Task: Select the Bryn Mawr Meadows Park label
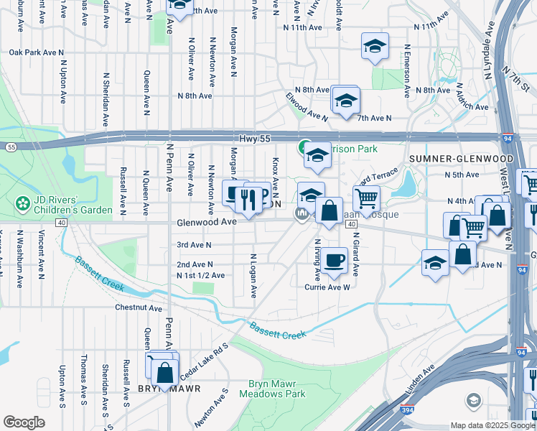tap(276, 389)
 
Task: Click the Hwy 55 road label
tap(251, 137)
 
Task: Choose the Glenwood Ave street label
tap(207, 223)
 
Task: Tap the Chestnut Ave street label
tap(139, 307)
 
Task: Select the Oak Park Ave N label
tap(37, 52)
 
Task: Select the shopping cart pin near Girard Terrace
tap(366, 197)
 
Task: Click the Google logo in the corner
tap(24, 422)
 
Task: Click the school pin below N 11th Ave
tap(375, 47)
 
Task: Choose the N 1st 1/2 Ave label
tap(201, 275)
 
